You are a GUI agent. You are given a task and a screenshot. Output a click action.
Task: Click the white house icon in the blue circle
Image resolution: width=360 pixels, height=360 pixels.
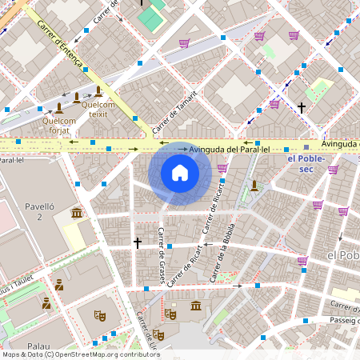tap(180, 173)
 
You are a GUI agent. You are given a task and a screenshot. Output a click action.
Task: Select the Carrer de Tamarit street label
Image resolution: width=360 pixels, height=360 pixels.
tap(174, 111)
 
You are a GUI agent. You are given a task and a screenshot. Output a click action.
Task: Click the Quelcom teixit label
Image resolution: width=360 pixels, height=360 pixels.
tap(98, 110)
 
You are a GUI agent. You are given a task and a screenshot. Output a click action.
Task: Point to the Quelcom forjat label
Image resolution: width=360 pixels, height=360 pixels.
tap(59, 126)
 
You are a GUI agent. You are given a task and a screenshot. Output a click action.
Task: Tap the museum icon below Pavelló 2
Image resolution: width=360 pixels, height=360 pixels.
tap(76, 213)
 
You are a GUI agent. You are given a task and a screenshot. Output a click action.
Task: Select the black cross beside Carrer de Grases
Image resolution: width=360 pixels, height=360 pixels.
tap(137, 242)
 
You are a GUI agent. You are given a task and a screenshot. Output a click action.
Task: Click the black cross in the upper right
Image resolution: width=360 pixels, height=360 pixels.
tap(302, 106)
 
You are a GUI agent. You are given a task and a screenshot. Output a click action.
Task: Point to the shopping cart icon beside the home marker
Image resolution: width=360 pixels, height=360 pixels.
tap(222, 168)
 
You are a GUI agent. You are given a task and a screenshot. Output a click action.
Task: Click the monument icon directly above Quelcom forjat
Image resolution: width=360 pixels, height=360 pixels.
tap(59, 107)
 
